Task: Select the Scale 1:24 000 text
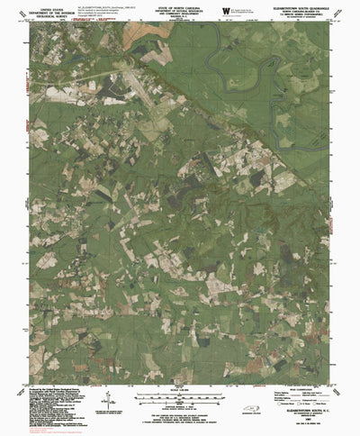pos(179,387)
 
